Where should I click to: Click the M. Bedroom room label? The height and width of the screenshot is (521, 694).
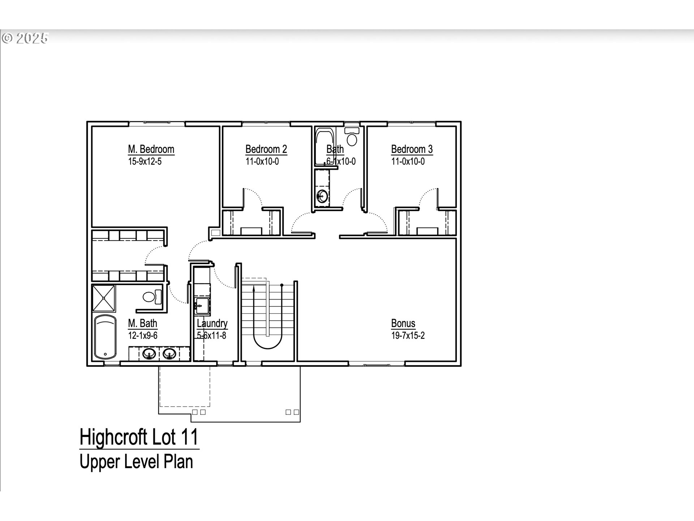[151, 149]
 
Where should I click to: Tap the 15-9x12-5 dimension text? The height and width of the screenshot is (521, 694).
[145, 161]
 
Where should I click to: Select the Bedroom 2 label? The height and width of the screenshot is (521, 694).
[266, 149]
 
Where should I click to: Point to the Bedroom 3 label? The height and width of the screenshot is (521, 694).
[412, 149]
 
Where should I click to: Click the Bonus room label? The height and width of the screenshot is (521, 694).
[403, 323]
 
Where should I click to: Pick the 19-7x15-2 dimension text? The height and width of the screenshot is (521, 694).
[408, 335]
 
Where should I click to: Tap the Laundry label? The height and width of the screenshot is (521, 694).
[212, 323]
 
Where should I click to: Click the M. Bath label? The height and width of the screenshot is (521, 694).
[142, 323]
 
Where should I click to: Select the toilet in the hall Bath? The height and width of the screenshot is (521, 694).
[352, 137]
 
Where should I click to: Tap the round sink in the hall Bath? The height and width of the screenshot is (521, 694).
[322, 197]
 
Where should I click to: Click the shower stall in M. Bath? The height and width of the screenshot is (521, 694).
[104, 298]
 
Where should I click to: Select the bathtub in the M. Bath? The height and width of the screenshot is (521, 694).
[105, 337]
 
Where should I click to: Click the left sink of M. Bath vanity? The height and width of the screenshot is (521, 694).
[149, 353]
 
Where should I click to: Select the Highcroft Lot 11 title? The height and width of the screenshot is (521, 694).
[139, 437]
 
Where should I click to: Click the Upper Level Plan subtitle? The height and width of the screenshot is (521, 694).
[136, 462]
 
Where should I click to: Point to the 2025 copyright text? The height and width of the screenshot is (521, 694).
[25, 38]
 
